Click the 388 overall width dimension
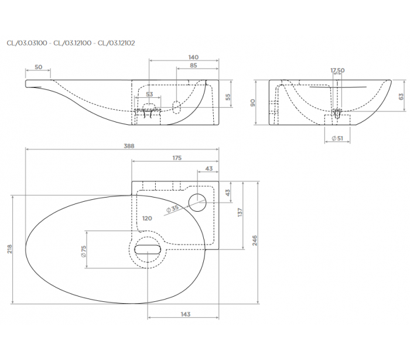pyautogui.click(x=129, y=146)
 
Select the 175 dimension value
pyautogui.click(x=177, y=158)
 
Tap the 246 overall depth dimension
pyautogui.click(x=255, y=240)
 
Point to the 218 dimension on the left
pyautogui.click(x=10, y=249)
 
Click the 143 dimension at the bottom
pyautogui.click(x=186, y=314)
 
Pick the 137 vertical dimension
pyautogui.click(x=240, y=212)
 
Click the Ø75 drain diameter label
pyautogui.click(x=83, y=252)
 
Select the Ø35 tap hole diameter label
pyautogui.click(x=172, y=208)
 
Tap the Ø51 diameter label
pyautogui.click(x=337, y=138)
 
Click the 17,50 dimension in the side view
pyautogui.click(x=337, y=70)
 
